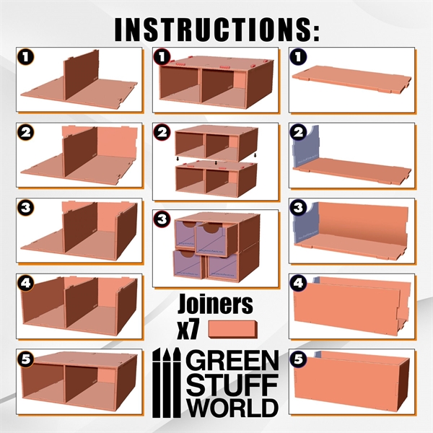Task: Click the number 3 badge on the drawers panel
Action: pyautogui.click(x=162, y=218)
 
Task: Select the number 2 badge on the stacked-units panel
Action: pyautogui.click(x=162, y=133)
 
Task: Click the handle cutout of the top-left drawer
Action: pyautogui.click(x=186, y=228)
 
